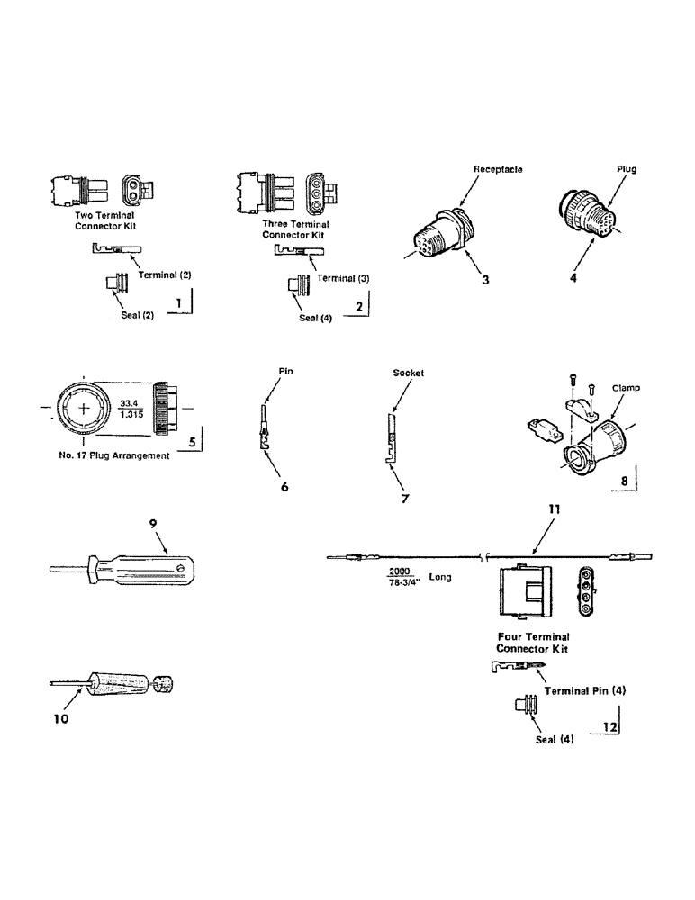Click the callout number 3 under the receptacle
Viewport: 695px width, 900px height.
[x=484, y=280]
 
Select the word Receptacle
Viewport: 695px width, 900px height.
[x=499, y=168]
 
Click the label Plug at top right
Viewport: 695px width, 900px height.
[x=627, y=168]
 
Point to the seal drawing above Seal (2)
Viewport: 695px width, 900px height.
[x=117, y=285]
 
